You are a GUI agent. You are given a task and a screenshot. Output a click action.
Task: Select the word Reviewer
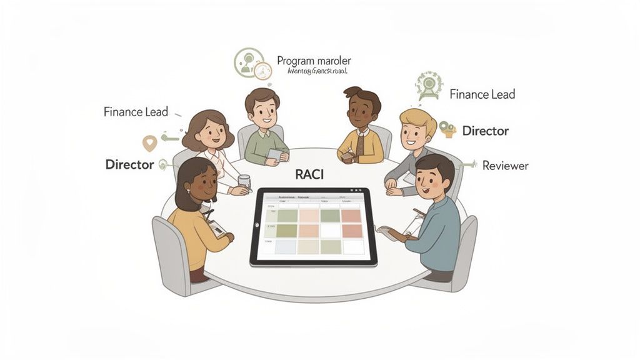[505, 166]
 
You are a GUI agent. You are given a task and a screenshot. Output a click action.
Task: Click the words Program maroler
[314, 61]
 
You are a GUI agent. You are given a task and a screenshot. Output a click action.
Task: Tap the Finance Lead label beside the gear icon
[482, 94]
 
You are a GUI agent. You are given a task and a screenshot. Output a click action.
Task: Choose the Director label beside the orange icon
[485, 131]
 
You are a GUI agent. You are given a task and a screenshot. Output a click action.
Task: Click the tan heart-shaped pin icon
[149, 143]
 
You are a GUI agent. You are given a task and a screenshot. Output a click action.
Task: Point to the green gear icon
[429, 85]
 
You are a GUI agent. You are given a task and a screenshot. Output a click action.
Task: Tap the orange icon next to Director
[447, 129]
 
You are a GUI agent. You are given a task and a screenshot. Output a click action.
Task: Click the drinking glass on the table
[244, 182]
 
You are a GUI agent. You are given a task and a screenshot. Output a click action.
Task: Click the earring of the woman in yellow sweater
[185, 194]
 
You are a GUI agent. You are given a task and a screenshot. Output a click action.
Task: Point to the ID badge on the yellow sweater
[216, 227]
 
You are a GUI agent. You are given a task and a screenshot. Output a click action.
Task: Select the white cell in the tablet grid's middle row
[329, 231]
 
